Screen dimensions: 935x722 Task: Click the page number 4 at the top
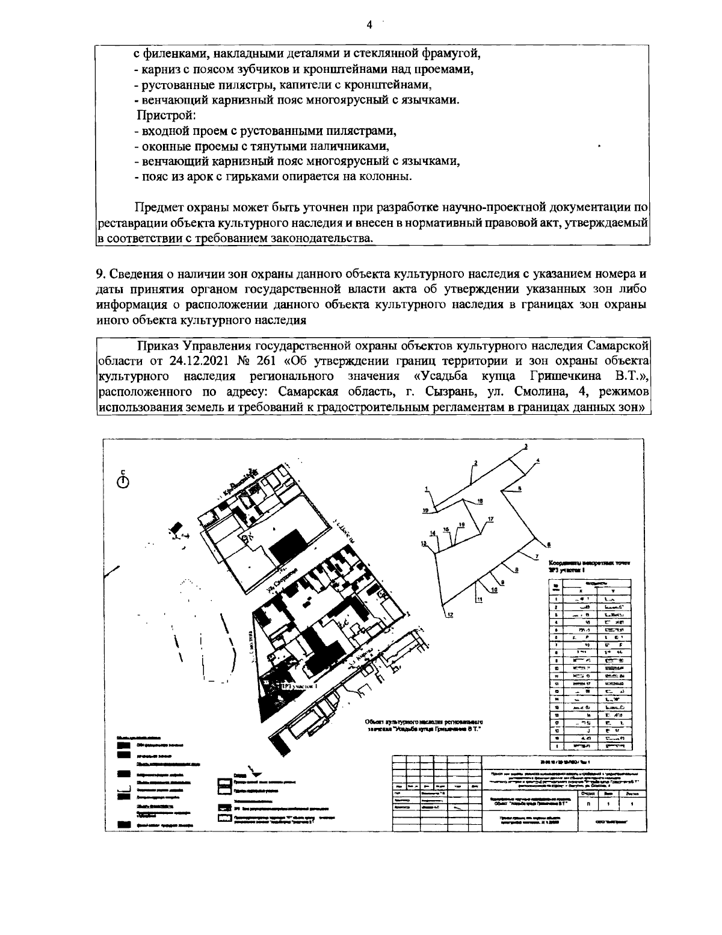click(x=369, y=25)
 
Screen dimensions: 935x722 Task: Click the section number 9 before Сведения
click(x=100, y=274)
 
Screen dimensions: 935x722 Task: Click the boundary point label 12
click(x=450, y=613)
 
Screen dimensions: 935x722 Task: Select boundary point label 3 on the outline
click(x=525, y=446)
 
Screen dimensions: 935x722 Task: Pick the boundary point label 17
click(x=490, y=519)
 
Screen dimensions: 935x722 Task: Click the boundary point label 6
click(x=548, y=545)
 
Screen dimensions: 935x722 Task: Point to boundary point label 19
click(x=425, y=511)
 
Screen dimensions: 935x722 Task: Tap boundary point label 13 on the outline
click(x=423, y=543)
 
